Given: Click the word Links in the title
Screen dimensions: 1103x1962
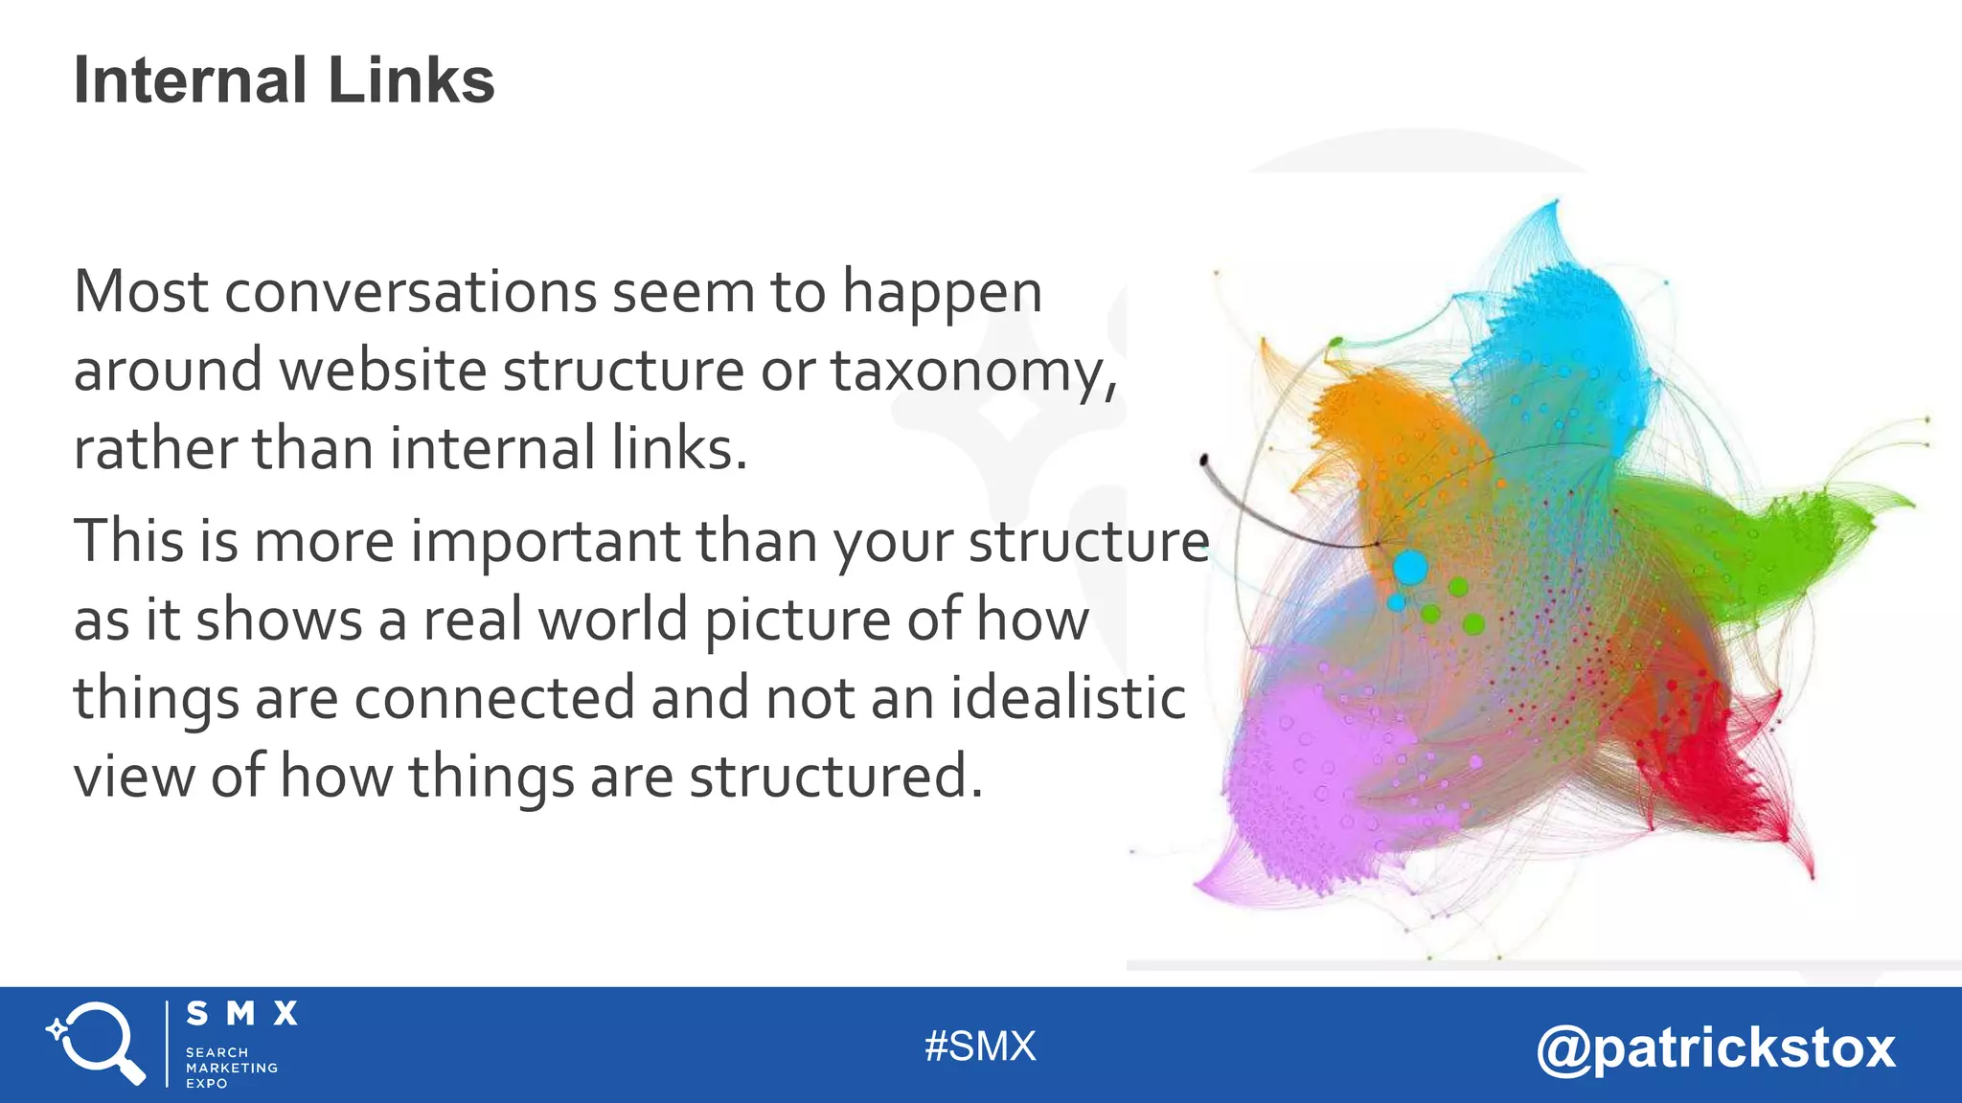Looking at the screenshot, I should tap(411, 80).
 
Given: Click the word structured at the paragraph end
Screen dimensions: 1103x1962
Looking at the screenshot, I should tap(834, 776).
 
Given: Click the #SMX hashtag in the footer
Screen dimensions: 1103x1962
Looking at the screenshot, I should tap(980, 1047).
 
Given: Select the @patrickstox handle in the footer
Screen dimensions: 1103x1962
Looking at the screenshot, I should tap(1716, 1047).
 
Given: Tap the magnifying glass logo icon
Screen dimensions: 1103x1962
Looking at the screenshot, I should tap(97, 1044).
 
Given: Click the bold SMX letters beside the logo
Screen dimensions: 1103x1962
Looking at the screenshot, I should tap(241, 1014).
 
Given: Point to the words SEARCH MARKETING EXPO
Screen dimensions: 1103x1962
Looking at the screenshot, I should tap(231, 1068).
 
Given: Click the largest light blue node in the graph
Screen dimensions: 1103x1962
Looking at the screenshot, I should tap(1410, 568).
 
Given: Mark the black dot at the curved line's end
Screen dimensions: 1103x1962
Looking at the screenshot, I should tap(1204, 461).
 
